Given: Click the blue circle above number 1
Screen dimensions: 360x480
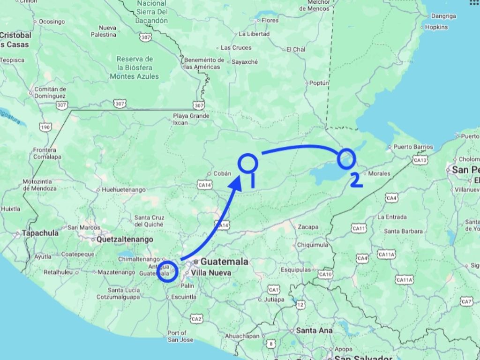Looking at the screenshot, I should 248,162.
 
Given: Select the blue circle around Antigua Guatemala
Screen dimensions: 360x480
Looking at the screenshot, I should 167,271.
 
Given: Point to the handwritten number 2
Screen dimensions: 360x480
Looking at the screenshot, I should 356,180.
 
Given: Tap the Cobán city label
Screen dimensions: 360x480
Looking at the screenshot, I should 223,173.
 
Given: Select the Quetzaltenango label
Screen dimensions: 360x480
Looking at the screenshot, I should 125,239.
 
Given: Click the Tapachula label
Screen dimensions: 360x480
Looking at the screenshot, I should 43,233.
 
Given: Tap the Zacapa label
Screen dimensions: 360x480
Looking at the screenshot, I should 308,227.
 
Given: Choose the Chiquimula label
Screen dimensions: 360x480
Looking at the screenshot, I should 312,245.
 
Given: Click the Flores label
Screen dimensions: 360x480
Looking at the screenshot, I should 270,20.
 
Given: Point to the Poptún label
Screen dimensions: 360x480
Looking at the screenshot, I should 319,83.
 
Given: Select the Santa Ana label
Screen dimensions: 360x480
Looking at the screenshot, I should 314,330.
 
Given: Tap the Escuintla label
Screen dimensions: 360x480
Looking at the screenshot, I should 184,297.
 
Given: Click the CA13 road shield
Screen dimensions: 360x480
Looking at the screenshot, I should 420,160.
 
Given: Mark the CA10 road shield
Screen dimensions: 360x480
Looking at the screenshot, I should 325,274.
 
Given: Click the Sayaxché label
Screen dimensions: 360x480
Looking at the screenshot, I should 246,61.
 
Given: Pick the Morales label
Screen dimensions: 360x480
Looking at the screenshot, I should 379,173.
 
